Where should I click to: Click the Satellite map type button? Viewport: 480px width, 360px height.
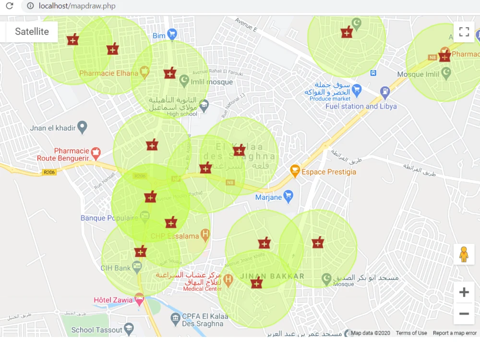[32, 32]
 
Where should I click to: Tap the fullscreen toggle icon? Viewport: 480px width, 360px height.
[464, 32]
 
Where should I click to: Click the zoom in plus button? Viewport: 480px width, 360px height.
[464, 292]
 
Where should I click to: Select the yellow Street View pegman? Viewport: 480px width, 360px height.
[464, 254]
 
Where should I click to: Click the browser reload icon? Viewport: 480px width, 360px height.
[10, 6]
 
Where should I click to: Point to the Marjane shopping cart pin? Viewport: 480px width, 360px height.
[288, 196]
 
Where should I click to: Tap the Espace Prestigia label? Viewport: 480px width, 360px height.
[329, 172]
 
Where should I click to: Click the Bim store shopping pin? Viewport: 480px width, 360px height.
[172, 35]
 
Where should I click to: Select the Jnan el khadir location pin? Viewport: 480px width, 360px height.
[83, 127]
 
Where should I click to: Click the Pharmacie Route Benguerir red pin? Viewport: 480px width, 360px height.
[96, 153]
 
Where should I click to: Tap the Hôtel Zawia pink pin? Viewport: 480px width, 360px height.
[139, 300]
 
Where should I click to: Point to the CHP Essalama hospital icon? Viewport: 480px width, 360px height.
[205, 236]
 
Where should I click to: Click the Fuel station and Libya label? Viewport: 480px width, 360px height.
[361, 107]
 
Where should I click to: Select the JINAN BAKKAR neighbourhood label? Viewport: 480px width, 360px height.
[272, 276]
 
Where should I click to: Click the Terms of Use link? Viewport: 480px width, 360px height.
[411, 333]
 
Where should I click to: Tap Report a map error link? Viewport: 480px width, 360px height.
[455, 333]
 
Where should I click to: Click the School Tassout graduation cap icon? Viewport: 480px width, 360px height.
[129, 329]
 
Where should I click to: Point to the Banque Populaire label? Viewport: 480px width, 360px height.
[106, 218]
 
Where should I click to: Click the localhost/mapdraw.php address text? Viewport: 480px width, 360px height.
[77, 6]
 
